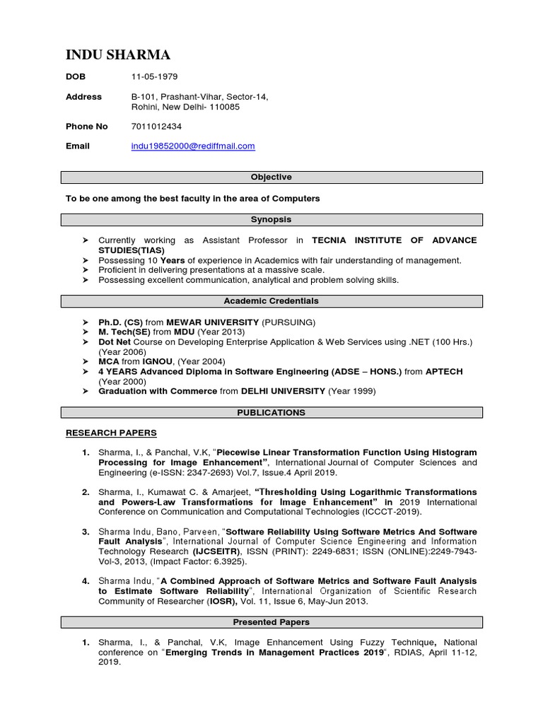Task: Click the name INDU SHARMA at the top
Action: pyautogui.click(x=118, y=55)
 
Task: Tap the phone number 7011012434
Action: pyautogui.click(x=156, y=127)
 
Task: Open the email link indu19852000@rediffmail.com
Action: pyautogui.click(x=193, y=146)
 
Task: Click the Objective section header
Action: pyautogui.click(x=271, y=177)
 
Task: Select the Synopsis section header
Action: pyautogui.click(x=271, y=220)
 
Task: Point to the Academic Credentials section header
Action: pyautogui.click(x=271, y=301)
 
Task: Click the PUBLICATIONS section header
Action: pyautogui.click(x=271, y=413)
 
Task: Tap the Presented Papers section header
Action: pyautogui.click(x=271, y=623)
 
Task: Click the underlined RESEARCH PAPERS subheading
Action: pyautogui.click(x=111, y=433)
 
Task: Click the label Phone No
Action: pyautogui.click(x=87, y=127)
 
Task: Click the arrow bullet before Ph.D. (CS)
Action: pyautogui.click(x=86, y=322)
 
